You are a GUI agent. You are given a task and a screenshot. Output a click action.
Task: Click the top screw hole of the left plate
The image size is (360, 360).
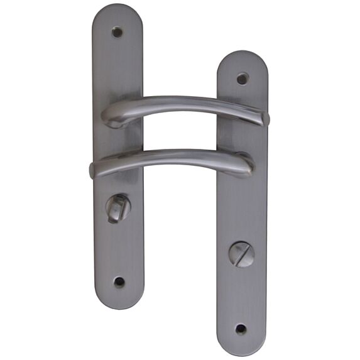point(117,31)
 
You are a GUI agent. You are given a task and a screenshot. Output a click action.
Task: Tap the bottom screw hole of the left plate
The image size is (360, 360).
point(119,282)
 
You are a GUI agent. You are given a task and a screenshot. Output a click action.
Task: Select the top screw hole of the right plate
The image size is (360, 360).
point(243,79)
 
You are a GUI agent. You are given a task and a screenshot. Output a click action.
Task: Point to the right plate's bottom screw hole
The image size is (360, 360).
point(241,329)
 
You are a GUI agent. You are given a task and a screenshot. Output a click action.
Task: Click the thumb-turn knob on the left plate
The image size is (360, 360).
point(117,207)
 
